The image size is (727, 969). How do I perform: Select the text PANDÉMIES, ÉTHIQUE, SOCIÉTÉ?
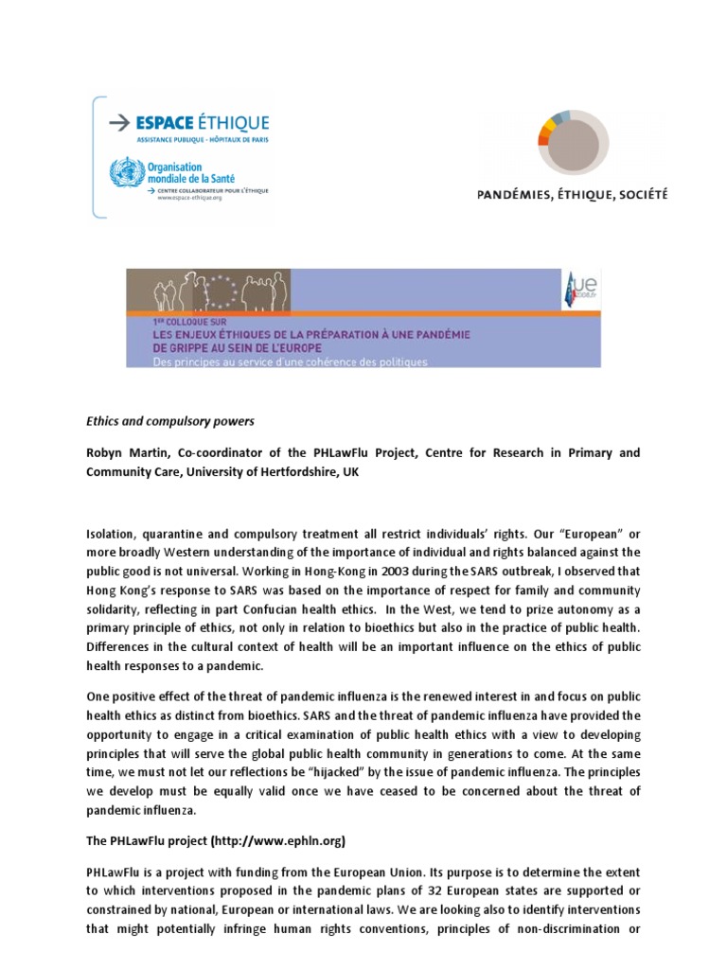[572, 195]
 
